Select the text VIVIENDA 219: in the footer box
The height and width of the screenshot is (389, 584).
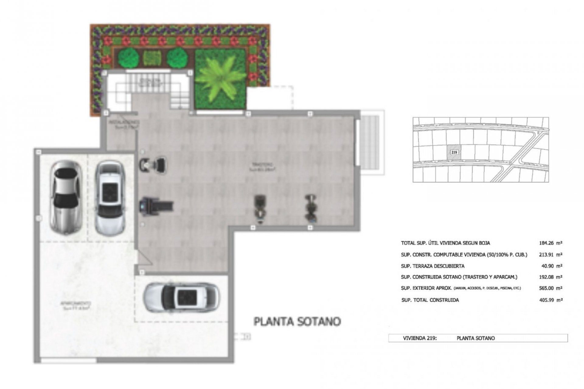(x=420, y=338)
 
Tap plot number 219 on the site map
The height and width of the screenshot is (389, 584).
(x=454, y=152)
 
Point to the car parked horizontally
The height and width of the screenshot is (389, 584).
(x=182, y=298)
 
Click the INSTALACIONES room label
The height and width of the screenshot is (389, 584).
(x=124, y=124)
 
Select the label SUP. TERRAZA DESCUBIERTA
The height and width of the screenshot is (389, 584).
(x=433, y=266)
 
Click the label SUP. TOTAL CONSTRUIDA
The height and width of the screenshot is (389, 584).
(x=430, y=300)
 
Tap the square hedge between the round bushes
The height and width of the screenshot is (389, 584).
(x=151, y=57)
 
